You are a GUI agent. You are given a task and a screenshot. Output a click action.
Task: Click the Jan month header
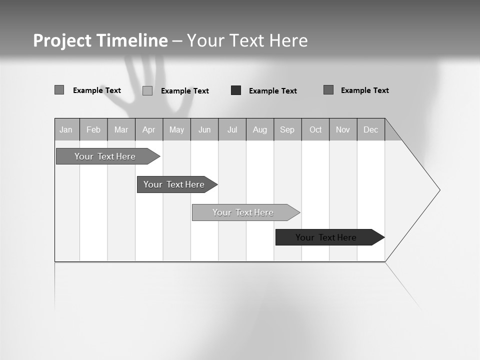click(x=66, y=129)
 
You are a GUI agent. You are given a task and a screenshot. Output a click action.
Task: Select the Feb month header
click(x=93, y=129)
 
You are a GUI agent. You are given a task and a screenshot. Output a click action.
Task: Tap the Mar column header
click(x=121, y=129)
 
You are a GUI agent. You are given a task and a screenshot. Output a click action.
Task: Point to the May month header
click(x=176, y=129)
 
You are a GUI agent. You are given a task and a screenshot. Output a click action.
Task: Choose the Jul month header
click(x=232, y=129)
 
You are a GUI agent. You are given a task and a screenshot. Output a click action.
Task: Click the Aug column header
click(x=260, y=129)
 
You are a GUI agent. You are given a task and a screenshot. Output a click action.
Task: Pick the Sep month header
click(x=287, y=129)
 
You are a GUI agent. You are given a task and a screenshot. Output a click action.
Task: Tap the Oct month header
click(x=315, y=129)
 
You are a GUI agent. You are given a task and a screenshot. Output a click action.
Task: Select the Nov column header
click(x=343, y=129)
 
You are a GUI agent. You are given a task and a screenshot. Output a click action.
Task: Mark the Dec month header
click(x=371, y=129)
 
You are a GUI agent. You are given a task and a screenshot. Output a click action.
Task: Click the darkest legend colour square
click(x=236, y=90)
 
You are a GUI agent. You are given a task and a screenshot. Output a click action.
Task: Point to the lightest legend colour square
click(x=147, y=90)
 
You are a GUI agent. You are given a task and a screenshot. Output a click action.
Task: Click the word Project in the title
click(x=62, y=40)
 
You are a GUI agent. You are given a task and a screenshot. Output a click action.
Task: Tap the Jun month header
click(x=204, y=129)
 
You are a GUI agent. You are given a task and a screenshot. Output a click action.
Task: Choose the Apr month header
click(x=149, y=129)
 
